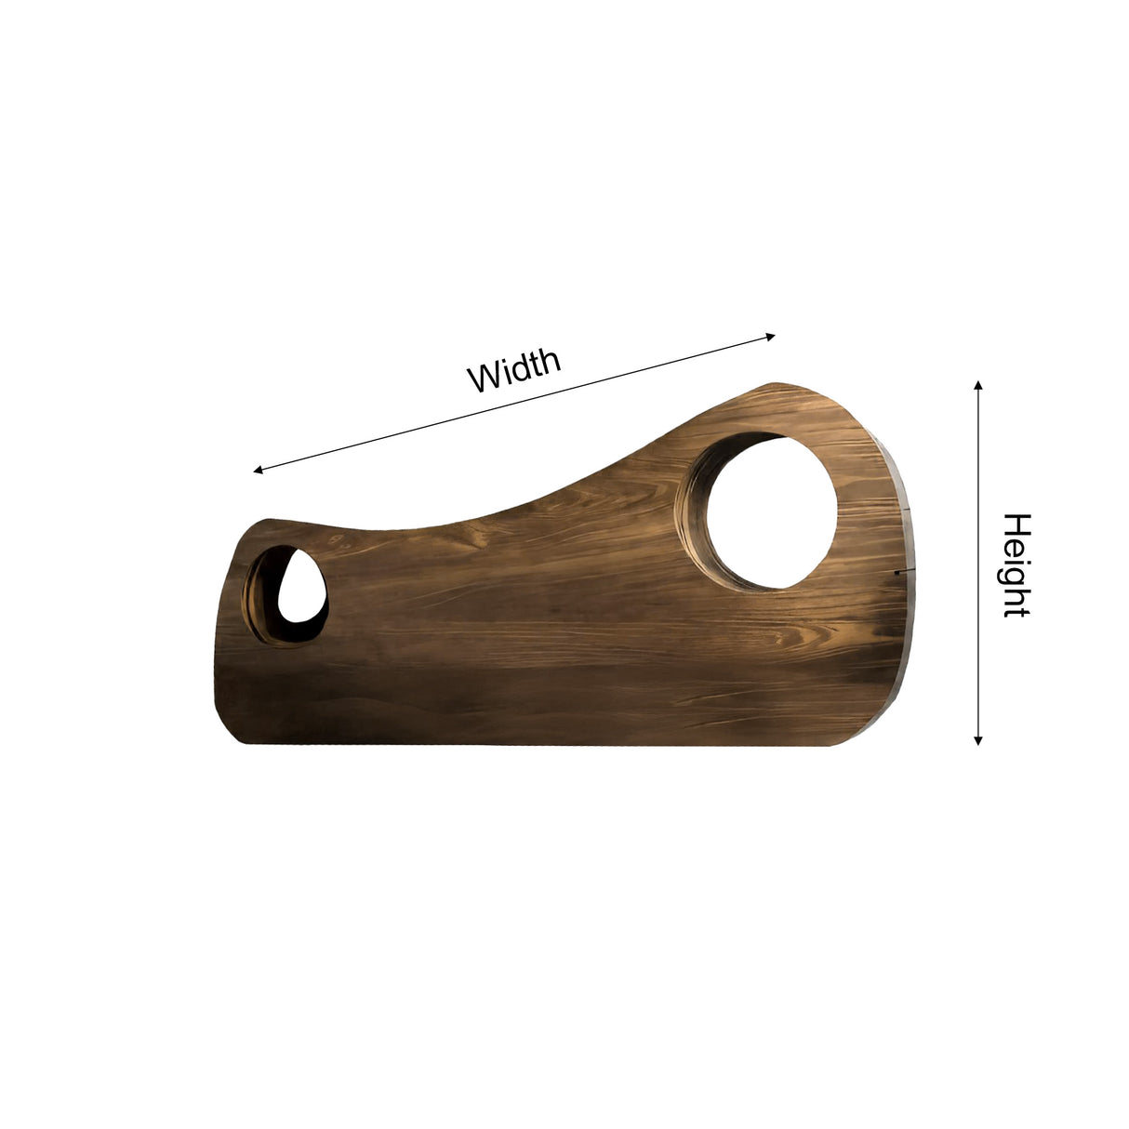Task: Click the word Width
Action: click(514, 370)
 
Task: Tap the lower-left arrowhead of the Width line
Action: click(258, 470)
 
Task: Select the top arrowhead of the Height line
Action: click(977, 385)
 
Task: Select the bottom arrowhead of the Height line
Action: click(977, 741)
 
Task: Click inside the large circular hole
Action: click(772, 513)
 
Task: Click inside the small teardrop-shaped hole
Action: click(301, 587)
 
